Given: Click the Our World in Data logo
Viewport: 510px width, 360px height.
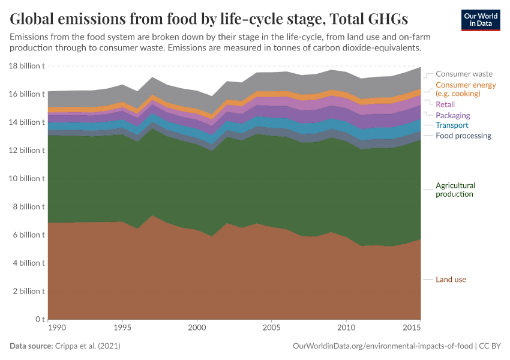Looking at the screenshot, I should [x=480, y=20].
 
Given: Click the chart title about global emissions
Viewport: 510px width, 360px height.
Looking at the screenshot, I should [x=209, y=19].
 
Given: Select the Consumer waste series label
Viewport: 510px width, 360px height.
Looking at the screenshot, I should [x=464, y=74].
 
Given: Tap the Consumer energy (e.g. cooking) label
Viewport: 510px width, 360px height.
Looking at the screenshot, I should [x=466, y=89].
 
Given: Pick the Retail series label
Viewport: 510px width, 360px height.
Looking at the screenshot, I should [x=445, y=104].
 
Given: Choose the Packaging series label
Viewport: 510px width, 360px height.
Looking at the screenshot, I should [x=452, y=115].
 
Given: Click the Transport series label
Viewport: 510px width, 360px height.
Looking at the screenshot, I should [x=452, y=125].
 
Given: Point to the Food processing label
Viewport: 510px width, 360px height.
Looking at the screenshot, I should [x=463, y=136].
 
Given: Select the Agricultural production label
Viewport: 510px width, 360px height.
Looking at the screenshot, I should [x=455, y=190].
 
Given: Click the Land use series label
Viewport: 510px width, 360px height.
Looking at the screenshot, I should [x=451, y=280].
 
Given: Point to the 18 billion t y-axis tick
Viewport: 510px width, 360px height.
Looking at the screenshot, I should [x=25, y=66].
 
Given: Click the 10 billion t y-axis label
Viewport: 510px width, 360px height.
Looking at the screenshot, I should [x=25, y=179].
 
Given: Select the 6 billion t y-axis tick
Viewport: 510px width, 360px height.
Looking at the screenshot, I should [x=27, y=235].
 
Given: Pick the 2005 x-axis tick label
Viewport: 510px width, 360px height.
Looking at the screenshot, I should [x=271, y=329].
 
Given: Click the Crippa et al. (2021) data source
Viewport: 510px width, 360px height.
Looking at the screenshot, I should [x=88, y=346].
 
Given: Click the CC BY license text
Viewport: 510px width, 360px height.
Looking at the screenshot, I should [x=490, y=346].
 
